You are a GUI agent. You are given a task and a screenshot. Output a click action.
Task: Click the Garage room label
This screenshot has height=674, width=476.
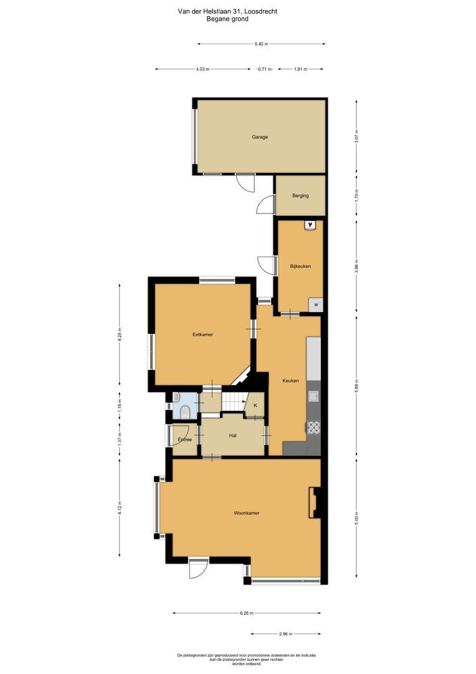[260, 137]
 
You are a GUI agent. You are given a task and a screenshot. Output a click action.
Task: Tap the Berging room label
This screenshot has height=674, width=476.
[300, 196]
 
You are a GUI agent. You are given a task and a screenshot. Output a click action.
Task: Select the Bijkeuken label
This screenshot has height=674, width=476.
[300, 266]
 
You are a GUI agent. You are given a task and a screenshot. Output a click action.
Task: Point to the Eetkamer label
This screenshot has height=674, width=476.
[202, 335]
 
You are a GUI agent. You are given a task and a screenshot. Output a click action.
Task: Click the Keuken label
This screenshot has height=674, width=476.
[290, 381]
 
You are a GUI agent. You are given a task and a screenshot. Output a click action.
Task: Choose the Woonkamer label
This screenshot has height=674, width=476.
[246, 513]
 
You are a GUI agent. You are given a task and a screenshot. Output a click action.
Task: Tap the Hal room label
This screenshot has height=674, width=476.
[232, 436]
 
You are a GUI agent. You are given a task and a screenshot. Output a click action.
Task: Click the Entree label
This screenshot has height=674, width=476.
[184, 440]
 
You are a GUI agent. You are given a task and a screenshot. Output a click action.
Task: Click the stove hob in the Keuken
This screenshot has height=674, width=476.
[313, 427]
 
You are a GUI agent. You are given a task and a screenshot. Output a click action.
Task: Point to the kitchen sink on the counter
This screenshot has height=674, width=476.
[313, 396]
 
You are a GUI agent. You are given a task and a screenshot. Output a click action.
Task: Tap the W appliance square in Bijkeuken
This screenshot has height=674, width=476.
[317, 305]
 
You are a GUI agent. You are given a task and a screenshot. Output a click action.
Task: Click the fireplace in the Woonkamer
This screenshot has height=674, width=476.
[315, 502]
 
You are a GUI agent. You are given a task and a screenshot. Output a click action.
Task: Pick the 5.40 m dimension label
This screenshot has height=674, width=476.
[262, 44]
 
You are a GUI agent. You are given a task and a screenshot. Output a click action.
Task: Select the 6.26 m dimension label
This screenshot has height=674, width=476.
[247, 613]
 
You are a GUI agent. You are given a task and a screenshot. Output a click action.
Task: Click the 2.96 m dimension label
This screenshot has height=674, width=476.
[287, 633]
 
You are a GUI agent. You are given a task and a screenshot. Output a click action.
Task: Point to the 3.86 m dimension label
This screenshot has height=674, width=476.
[356, 266]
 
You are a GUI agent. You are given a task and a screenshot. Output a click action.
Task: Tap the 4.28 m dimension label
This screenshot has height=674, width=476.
[120, 334]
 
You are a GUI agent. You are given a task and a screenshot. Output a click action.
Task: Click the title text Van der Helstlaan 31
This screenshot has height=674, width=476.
[227, 11]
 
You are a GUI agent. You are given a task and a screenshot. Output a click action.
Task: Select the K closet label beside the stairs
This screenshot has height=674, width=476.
[255, 406]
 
